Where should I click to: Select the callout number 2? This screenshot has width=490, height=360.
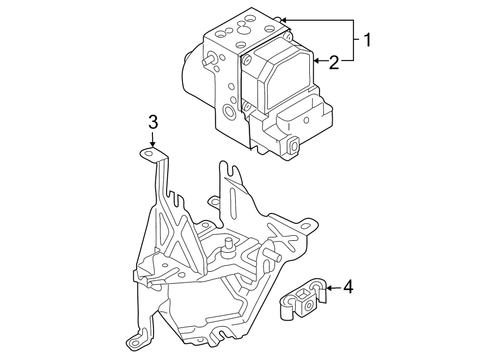click(x=334, y=63)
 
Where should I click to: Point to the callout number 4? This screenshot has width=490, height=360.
click(x=348, y=287)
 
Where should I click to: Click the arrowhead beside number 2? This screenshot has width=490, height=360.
click(x=316, y=61)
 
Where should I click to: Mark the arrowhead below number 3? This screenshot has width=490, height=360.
click(x=153, y=144)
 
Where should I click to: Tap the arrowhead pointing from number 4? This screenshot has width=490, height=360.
click(x=329, y=287)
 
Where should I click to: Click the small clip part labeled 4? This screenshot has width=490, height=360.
click(x=302, y=300)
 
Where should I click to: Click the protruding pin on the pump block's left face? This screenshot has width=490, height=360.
click(x=207, y=61)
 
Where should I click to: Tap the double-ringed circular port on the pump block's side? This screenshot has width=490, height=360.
click(x=229, y=113)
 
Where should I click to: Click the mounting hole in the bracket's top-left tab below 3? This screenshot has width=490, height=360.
click(x=148, y=154)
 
